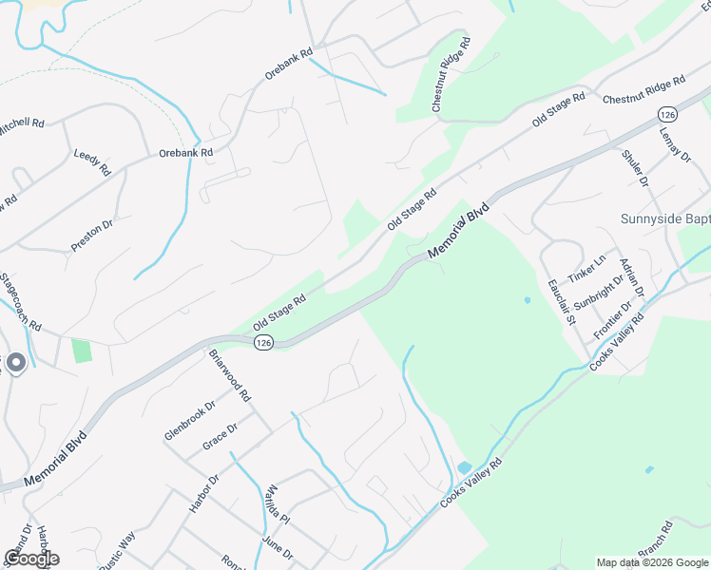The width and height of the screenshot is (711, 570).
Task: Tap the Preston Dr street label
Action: pyautogui.click(x=92, y=237)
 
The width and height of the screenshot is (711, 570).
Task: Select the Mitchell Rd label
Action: pyautogui.click(x=23, y=123)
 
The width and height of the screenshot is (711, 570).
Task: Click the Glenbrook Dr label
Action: pyautogui.click(x=190, y=419)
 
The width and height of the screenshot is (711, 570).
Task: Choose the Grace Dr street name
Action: pyautogui.click(x=220, y=438)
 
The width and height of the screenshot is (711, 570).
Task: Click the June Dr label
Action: pyautogui.click(x=277, y=548)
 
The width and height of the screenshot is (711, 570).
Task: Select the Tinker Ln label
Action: pyautogui.click(x=586, y=269)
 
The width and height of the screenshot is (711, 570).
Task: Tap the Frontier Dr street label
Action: pyautogui.click(x=613, y=320)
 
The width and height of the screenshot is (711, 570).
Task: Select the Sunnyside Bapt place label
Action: pyautogui.click(x=665, y=218)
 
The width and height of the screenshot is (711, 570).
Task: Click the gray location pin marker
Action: pyautogui.click(x=15, y=363)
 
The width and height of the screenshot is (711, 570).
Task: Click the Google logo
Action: pyautogui.click(x=31, y=559)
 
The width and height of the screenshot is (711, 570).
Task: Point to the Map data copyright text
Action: pyautogui.click(x=652, y=562)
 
